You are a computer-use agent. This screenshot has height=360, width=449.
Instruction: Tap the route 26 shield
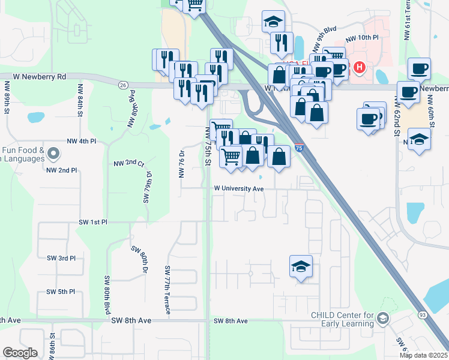[122, 85]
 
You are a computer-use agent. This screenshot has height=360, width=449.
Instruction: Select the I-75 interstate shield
[299, 147]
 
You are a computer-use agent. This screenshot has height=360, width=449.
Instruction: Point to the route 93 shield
[423, 314]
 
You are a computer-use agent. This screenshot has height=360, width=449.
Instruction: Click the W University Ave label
[240, 188]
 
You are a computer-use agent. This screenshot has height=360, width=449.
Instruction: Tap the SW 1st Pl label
[92, 222]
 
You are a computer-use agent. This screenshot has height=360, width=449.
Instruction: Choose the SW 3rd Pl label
[61, 258]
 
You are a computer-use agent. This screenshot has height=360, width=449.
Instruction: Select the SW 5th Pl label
[61, 292]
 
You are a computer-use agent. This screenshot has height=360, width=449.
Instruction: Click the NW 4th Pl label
[82, 142]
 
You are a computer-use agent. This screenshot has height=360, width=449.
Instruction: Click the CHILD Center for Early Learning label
[342, 319]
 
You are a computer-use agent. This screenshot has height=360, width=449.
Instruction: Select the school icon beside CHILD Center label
[383, 319]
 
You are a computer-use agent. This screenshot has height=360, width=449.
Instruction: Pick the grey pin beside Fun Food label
[54, 154]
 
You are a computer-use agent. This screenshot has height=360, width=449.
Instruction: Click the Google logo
[20, 353]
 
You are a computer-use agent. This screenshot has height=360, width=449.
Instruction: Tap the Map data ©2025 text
[423, 355]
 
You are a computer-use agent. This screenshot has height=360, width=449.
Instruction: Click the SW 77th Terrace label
[167, 290]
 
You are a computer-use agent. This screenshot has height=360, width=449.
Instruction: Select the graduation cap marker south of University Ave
[301, 266]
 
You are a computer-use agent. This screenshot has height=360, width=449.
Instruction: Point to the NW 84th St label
[79, 100]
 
